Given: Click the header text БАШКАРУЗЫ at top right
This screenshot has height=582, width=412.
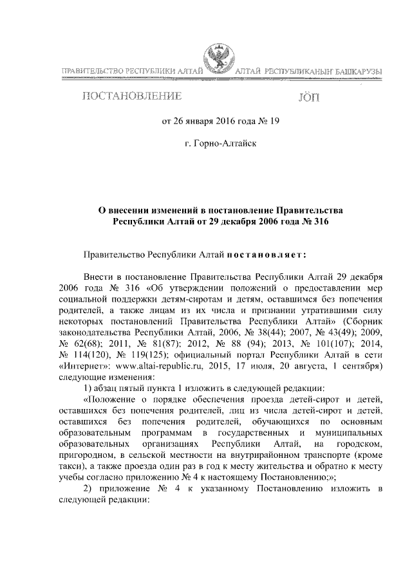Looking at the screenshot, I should [x=357, y=69].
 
